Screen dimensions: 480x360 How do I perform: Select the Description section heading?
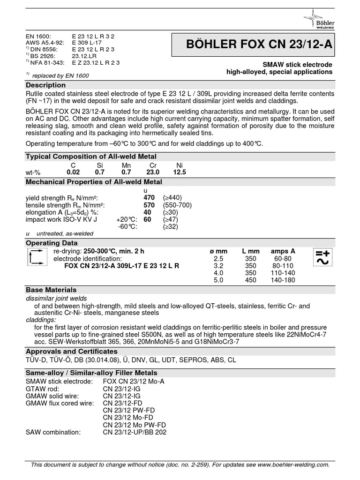point(45,85)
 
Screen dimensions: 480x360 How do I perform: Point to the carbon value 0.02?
point(74,172)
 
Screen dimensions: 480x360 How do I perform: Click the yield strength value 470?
point(149,198)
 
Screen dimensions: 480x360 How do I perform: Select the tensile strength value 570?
point(149,205)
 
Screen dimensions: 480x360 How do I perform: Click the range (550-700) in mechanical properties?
point(177,205)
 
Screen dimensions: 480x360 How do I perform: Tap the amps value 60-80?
point(283,259)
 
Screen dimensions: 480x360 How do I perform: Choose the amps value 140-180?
point(283,280)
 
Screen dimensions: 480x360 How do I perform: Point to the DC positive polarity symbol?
point(322,253)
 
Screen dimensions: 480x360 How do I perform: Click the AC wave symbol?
point(322,262)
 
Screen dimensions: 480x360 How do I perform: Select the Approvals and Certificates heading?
point(71,351)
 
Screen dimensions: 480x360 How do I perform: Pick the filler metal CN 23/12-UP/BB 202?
point(135,432)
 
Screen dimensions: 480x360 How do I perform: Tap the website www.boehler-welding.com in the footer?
point(293,465)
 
